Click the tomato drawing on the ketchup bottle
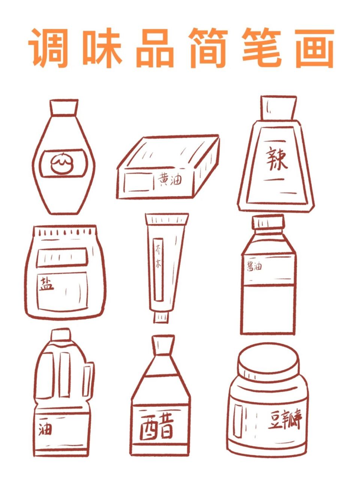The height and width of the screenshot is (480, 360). [x=62, y=163]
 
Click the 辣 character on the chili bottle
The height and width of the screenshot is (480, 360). [x=277, y=159]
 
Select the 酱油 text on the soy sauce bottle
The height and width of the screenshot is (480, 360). [x=254, y=267]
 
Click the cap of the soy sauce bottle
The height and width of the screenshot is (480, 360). [x=268, y=222]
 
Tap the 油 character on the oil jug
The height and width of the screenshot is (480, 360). [x=45, y=429]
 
